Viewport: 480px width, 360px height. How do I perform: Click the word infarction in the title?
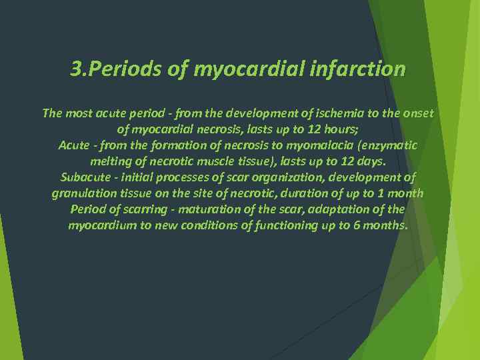pos(358,69)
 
